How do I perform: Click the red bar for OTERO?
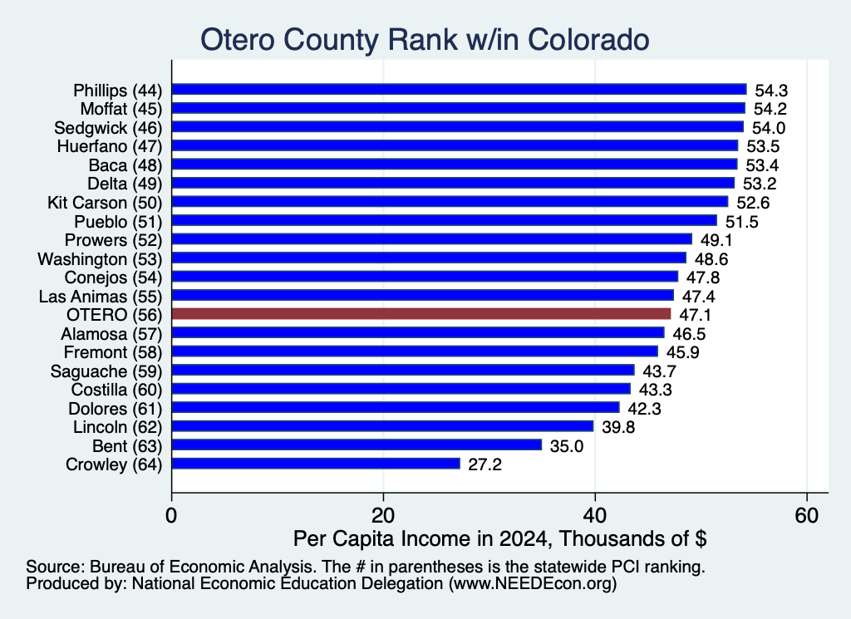[x=421, y=314]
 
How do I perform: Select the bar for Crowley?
[x=316, y=464]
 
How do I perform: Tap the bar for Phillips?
[x=459, y=90]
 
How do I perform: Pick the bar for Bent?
[x=357, y=445]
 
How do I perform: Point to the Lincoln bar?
[x=382, y=426]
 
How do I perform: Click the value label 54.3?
[x=771, y=91]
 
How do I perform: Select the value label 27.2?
[x=485, y=465]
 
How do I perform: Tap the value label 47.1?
[x=695, y=315]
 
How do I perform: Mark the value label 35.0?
[x=567, y=446]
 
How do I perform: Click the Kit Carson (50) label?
[x=105, y=203]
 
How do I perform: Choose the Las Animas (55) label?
[x=101, y=297]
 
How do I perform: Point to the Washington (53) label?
[x=100, y=259]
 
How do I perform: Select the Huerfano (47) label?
[x=110, y=146]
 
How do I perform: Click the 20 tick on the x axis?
[x=383, y=515]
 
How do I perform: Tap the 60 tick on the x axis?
[x=806, y=515]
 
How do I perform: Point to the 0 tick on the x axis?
[x=171, y=515]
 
